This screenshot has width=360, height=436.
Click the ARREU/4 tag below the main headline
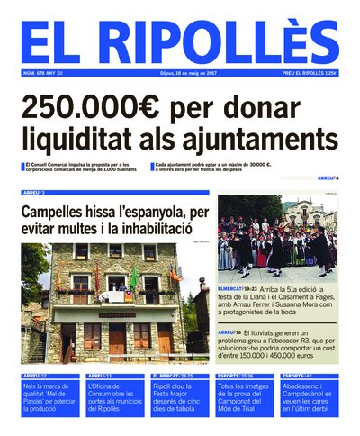point(328,178)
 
